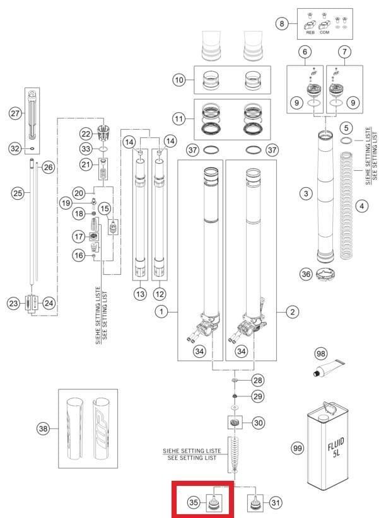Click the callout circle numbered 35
click(x=194, y=502)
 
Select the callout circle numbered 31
click(x=275, y=502)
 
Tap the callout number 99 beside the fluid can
click(x=297, y=448)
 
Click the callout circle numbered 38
click(x=42, y=429)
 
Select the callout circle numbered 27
click(x=15, y=113)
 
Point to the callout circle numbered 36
click(x=306, y=273)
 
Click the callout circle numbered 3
click(x=306, y=193)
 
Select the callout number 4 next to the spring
click(x=361, y=205)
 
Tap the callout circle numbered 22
click(x=86, y=134)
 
